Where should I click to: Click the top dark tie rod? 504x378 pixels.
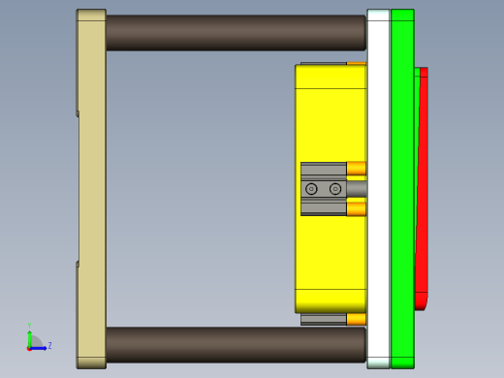[x=233, y=32]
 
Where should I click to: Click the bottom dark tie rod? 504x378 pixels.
[x=233, y=344]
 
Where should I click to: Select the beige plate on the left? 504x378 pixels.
[x=92, y=189]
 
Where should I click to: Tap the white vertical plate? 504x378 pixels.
[x=378, y=189]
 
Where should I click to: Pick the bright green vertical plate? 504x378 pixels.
[x=402, y=189]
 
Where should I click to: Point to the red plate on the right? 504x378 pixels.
[x=422, y=189]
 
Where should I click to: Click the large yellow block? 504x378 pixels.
[x=330, y=116]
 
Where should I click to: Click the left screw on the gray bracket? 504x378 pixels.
[x=311, y=189]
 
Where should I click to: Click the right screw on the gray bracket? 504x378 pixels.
[x=335, y=189]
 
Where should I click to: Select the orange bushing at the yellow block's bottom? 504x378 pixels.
[x=356, y=319]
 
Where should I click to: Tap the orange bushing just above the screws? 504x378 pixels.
[x=356, y=169]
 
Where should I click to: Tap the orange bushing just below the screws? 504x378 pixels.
[x=356, y=208]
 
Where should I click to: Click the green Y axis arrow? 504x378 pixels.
[x=30, y=335]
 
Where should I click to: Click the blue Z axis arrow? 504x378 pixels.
[x=40, y=347]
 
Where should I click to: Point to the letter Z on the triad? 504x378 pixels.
[x=49, y=345]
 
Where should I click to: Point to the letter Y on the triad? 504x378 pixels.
[x=30, y=327]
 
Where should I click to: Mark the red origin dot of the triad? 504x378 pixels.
[x=30, y=347]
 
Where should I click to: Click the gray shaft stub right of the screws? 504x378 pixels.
[x=357, y=189]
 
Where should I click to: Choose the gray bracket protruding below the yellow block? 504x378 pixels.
[x=323, y=319]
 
